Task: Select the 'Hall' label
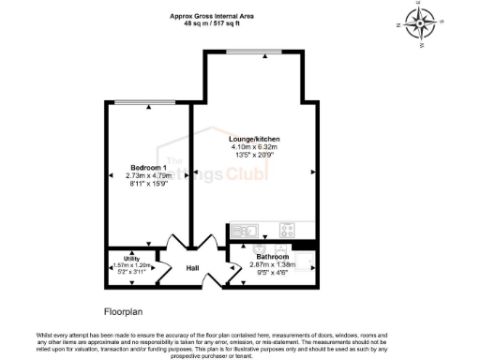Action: pyautogui.click(x=191, y=268)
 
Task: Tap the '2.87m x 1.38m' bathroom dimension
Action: pyautogui.click(x=273, y=264)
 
